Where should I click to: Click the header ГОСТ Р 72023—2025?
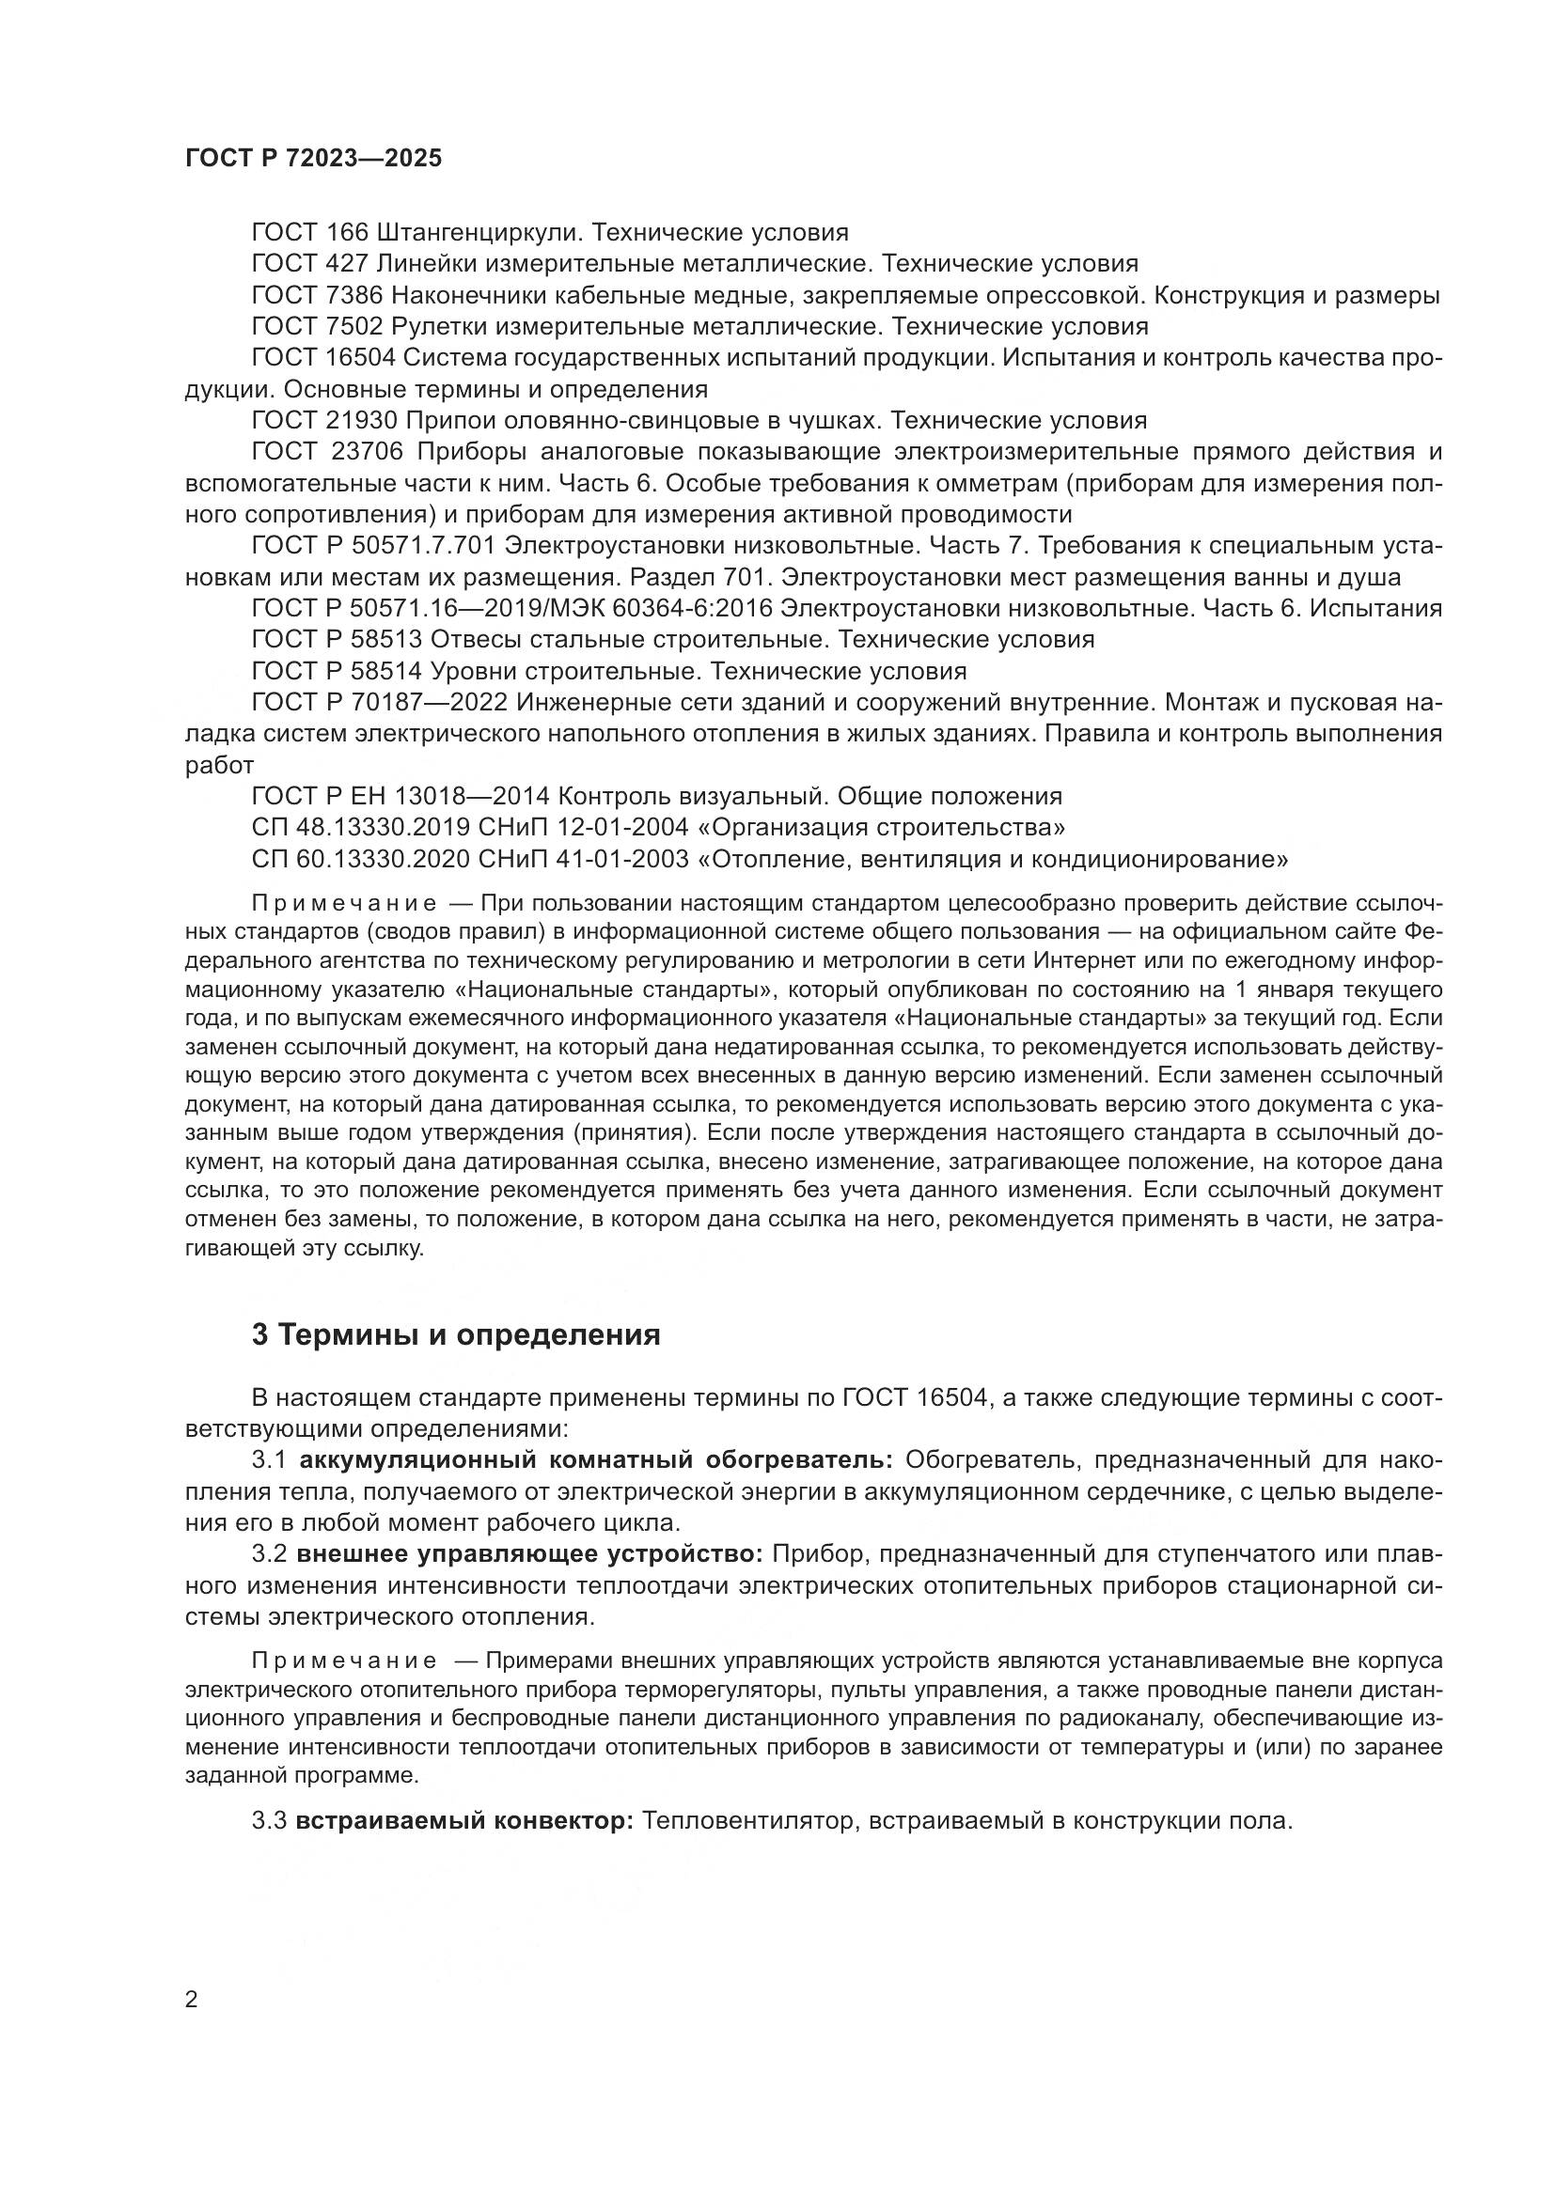coord(313,159)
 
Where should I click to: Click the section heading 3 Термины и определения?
coord(456,1334)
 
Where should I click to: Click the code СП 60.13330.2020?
coord(360,860)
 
